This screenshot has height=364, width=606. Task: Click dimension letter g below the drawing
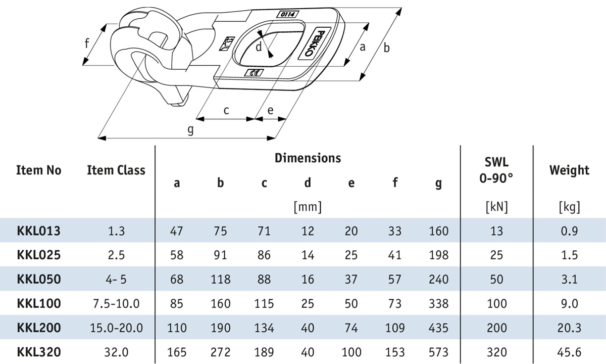coord(190,130)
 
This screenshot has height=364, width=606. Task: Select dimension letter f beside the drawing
coord(87,43)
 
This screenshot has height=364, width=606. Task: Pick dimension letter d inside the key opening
coord(258,48)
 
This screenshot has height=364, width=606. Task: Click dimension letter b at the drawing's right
coord(387,48)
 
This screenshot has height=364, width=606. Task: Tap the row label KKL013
coord(38,231)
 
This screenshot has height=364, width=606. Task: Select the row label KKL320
coord(38,352)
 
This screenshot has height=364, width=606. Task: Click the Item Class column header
coord(116,170)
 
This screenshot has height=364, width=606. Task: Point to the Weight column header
coord(569,170)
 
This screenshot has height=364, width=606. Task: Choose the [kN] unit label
coord(496,206)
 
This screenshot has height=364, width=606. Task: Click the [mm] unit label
coord(308,206)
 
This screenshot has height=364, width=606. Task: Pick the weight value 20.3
coord(569,328)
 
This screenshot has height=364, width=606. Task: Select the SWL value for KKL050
coord(496,280)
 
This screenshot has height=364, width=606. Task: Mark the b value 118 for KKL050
coord(220,280)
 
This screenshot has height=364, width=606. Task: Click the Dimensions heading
coord(308,158)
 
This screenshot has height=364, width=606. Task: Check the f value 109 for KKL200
coord(395,328)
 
